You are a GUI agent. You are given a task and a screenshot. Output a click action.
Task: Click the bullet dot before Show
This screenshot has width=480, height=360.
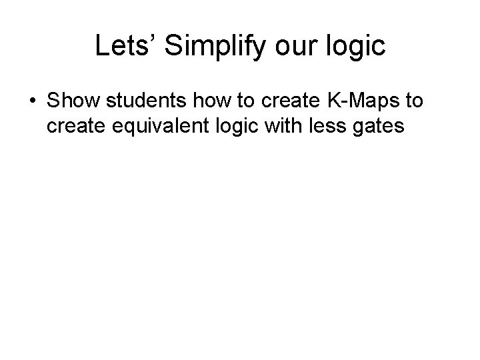(33, 101)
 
